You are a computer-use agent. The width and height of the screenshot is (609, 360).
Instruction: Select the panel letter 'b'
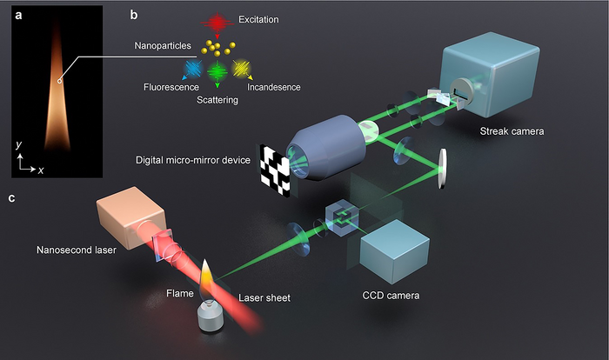point(132,15)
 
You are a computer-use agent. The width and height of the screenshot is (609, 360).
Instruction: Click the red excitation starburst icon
point(217,21)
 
